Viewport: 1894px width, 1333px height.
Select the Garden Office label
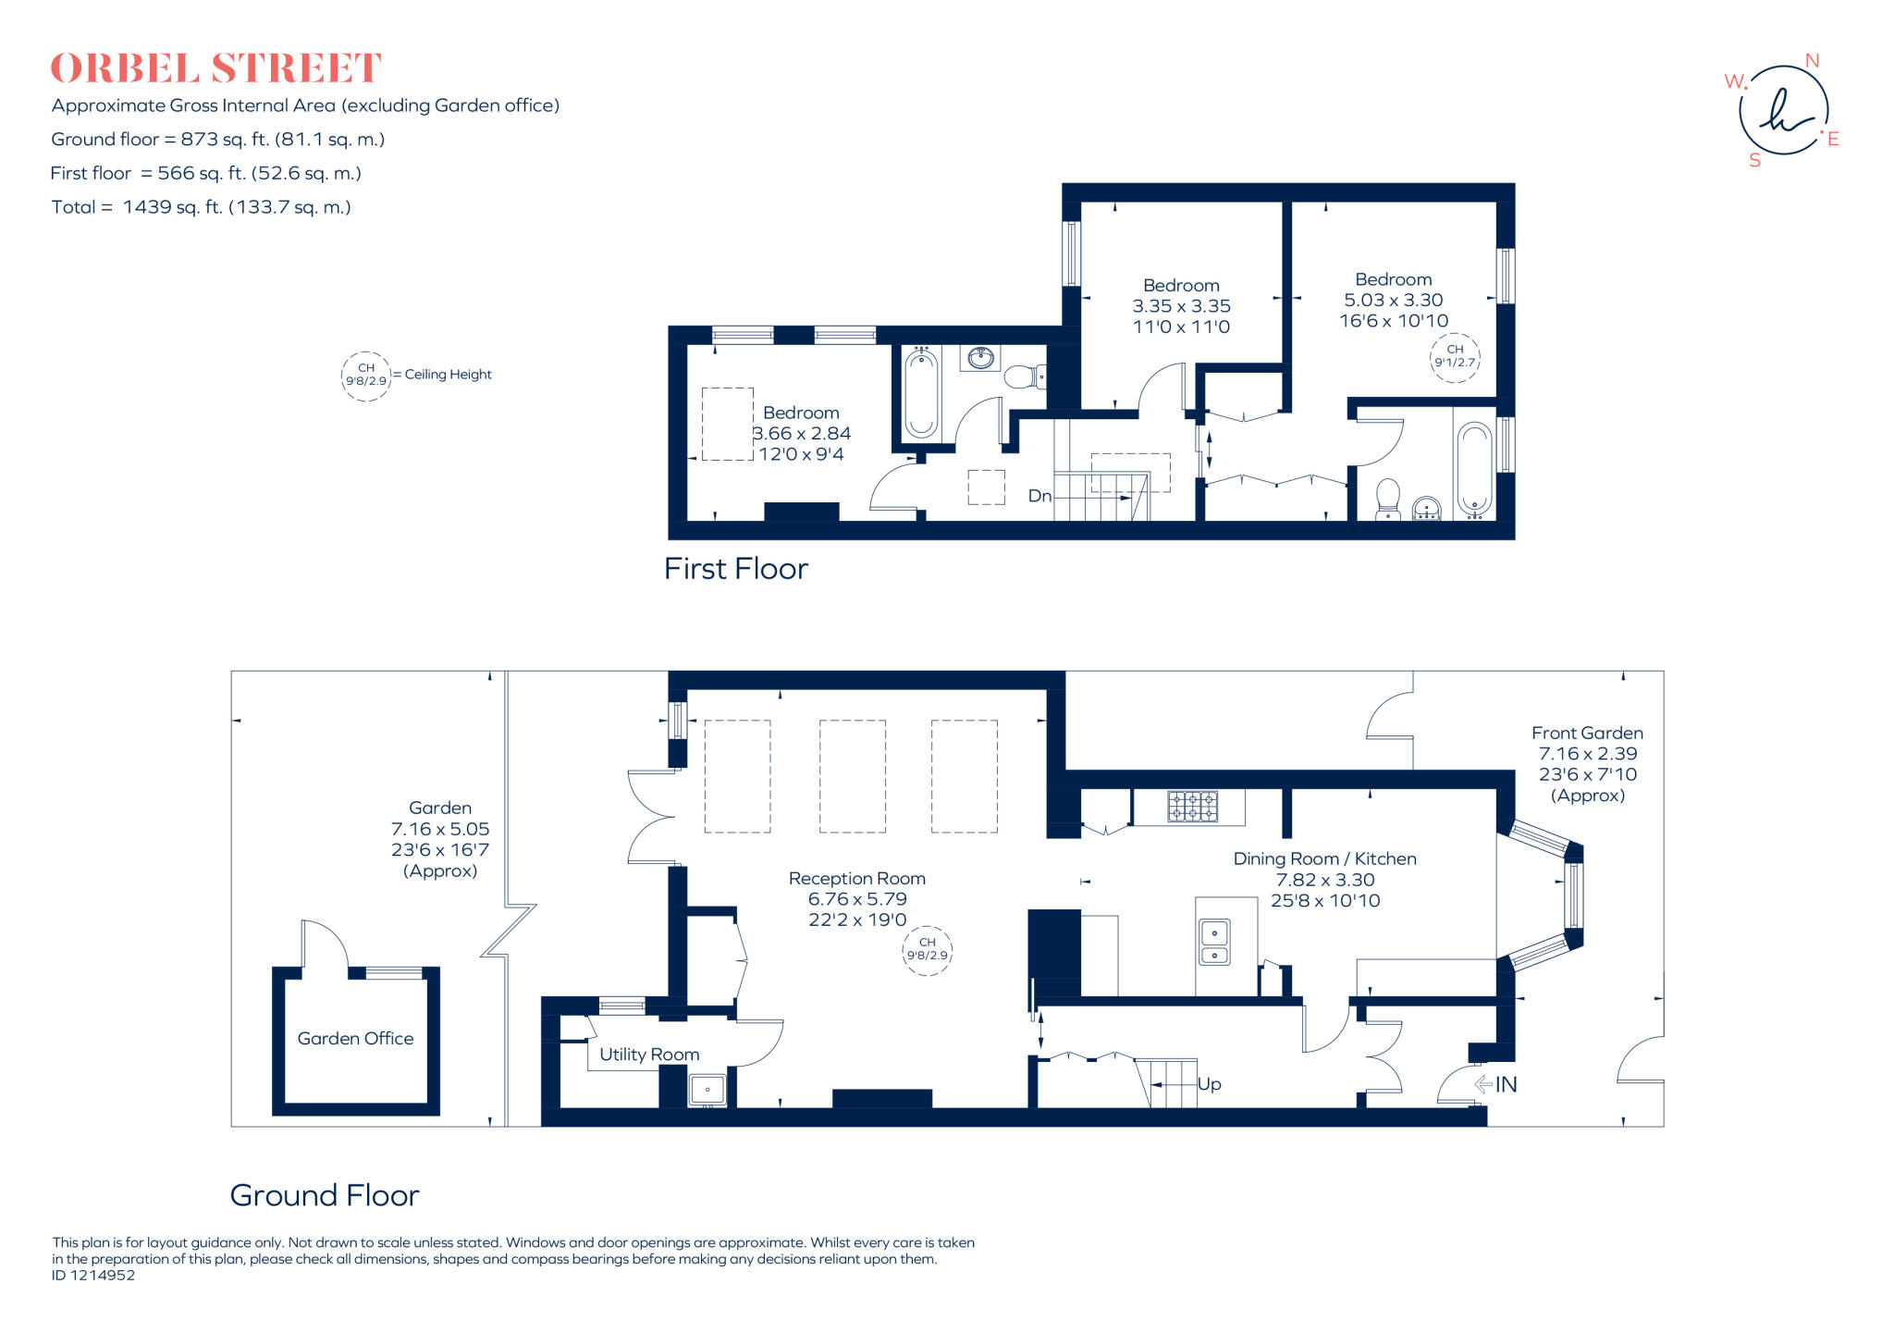[x=355, y=1039]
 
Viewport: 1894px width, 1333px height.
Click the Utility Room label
[x=648, y=1055]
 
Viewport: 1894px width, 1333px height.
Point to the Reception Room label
[x=856, y=879]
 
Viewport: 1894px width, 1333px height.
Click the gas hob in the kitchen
[x=1193, y=807]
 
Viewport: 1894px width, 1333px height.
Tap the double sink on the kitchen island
[x=1214, y=943]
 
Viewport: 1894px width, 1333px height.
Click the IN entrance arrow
[x=1495, y=1084]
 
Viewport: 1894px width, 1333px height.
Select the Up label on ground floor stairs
[x=1209, y=1084]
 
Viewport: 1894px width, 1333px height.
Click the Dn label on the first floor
[x=1039, y=496]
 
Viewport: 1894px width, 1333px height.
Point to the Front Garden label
[x=1587, y=733]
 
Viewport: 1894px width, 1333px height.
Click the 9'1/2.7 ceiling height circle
[x=1455, y=356]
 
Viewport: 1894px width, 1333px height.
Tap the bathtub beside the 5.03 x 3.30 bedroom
[x=1474, y=470]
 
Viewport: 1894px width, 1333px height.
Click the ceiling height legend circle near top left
[x=365, y=376]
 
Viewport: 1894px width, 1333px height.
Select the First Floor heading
[x=735, y=568]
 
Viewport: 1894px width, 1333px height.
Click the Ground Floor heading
[x=324, y=1195]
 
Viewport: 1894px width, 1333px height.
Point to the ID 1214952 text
[x=93, y=1275]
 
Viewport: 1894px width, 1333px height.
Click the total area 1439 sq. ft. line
[x=201, y=207]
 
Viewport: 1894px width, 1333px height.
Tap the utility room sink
[x=707, y=1090]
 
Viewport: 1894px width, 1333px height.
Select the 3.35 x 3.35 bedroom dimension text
[x=1181, y=306]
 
